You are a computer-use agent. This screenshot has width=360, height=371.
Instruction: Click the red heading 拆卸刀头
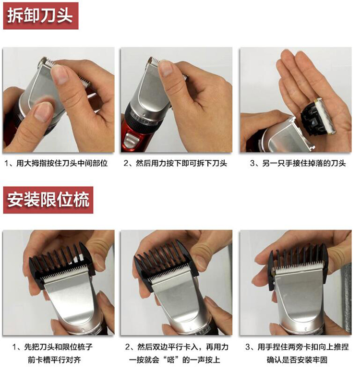pyautogui.click(x=41, y=16)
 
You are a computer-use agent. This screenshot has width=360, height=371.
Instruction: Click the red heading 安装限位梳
pyautogui.click(x=48, y=200)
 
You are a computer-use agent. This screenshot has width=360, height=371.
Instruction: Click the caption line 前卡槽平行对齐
pyautogui.click(x=54, y=360)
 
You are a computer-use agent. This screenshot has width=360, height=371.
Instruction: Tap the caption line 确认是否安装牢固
pyautogui.click(x=297, y=360)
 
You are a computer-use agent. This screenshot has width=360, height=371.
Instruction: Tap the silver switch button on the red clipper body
pyautogui.click(x=131, y=139)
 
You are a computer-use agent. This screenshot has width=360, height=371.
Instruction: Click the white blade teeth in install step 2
pyautogui.click(x=169, y=273)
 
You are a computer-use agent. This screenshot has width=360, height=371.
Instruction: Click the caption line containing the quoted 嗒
pyautogui.click(x=175, y=360)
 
